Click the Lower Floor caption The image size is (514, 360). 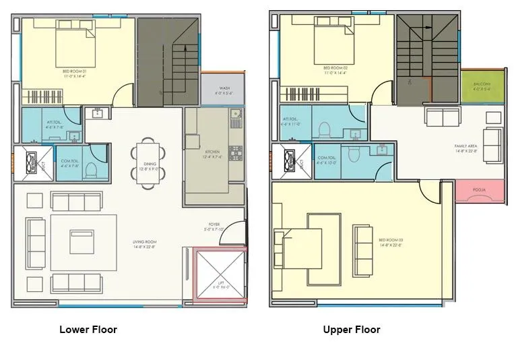click(88, 330)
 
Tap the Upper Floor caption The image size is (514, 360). click(351, 330)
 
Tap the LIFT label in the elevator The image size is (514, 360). click(220, 284)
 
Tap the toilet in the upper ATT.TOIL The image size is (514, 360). click(324, 128)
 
